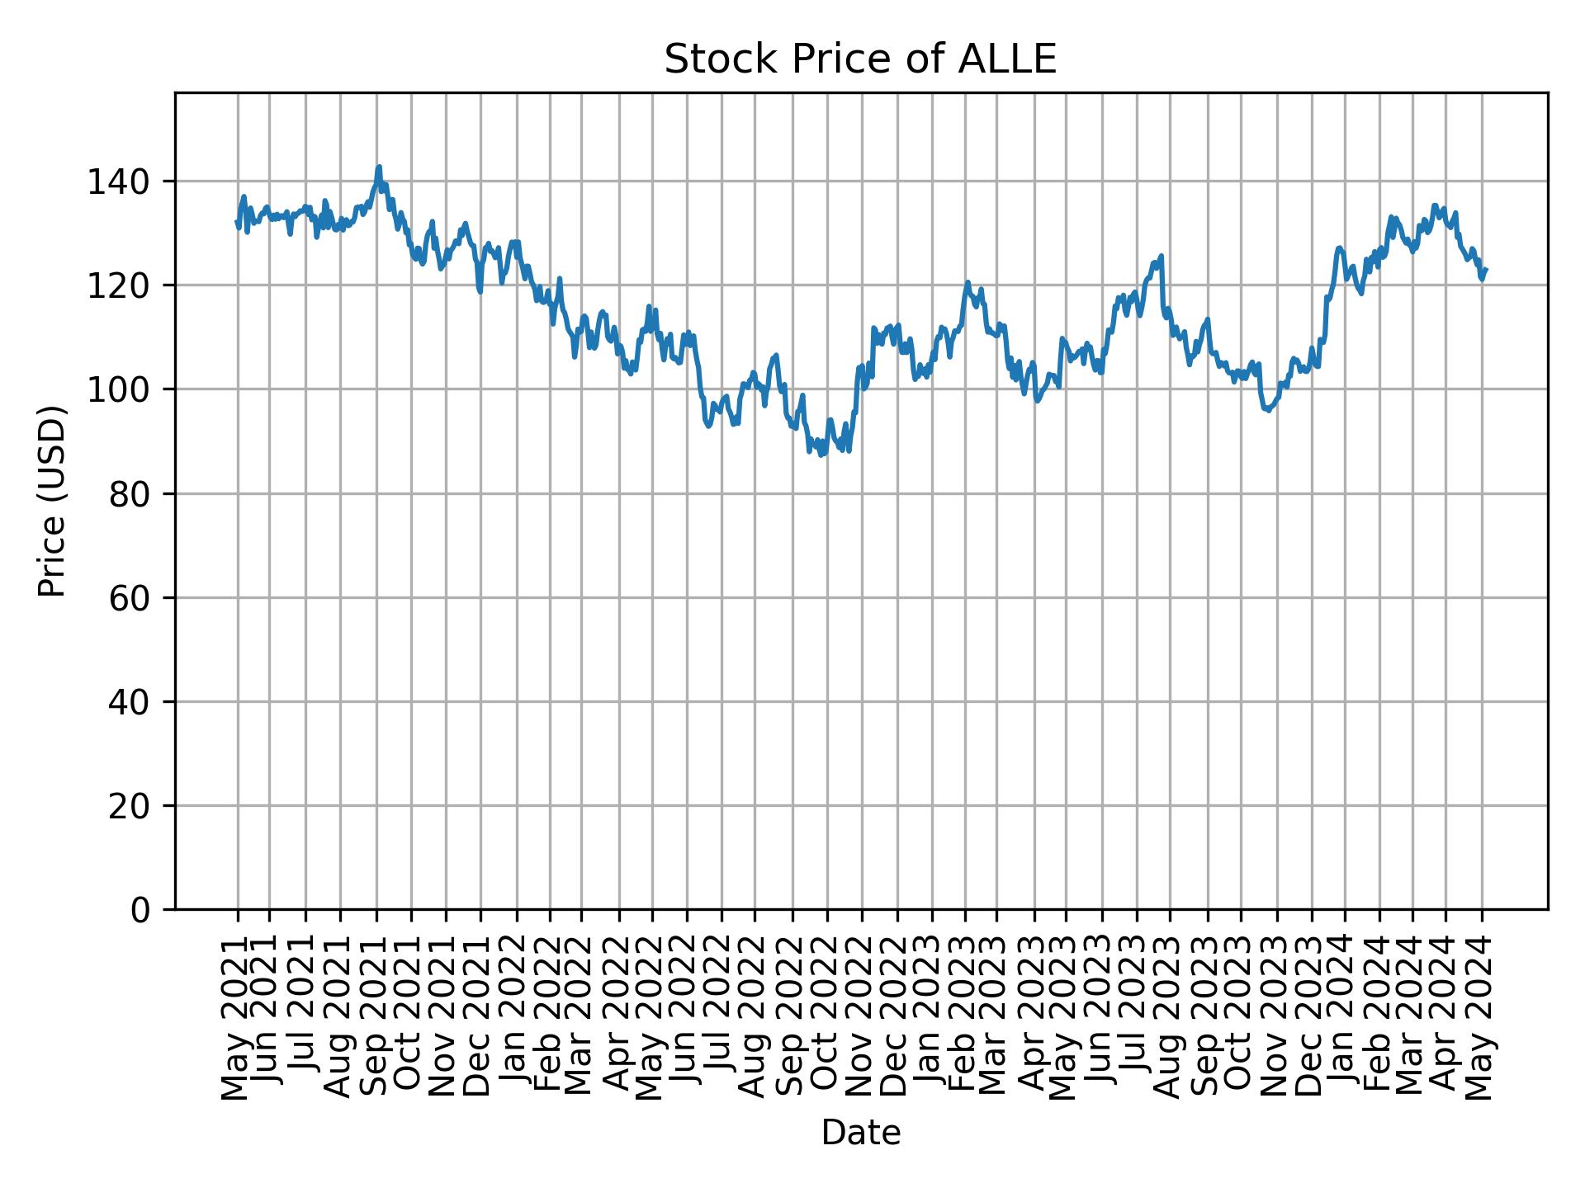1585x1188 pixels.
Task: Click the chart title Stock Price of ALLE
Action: pyautogui.click(x=860, y=59)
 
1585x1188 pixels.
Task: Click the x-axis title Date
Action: pyautogui.click(x=860, y=1134)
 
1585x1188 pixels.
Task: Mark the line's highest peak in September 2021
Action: pyautogui.click(x=379, y=167)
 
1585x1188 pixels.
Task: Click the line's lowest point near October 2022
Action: pyautogui.click(x=821, y=455)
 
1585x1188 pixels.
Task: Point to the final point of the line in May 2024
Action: pyautogui.click(x=1486, y=269)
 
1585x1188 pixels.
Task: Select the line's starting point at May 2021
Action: pyautogui.click(x=237, y=221)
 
